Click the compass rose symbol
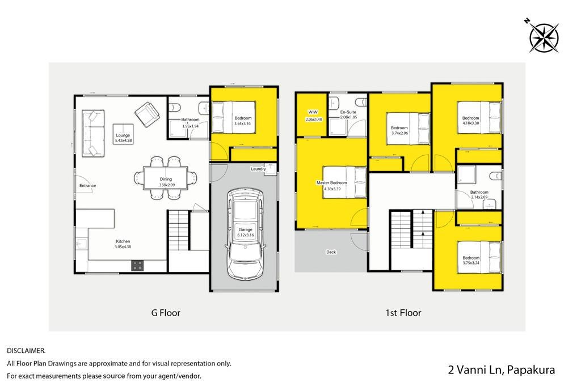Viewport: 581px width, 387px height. click(x=543, y=36)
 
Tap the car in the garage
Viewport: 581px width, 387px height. click(x=245, y=234)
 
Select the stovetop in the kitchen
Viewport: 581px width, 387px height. click(x=137, y=265)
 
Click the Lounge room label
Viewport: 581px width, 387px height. click(x=123, y=135)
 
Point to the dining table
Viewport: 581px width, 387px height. click(x=166, y=178)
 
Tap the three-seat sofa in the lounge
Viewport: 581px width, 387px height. click(x=93, y=134)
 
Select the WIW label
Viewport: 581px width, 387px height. click(x=313, y=112)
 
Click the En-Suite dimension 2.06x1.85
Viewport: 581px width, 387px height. click(x=348, y=117)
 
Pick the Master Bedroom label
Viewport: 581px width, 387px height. click(x=331, y=183)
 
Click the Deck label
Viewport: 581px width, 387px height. click(x=331, y=252)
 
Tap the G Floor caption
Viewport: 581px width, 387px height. click(x=166, y=313)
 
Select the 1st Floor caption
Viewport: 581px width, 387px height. click(x=403, y=313)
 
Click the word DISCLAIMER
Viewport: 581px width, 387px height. click(x=26, y=350)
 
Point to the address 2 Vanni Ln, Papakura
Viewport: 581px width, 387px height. click(x=502, y=369)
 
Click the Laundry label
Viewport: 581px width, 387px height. click(x=258, y=169)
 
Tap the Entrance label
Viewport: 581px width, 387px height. click(x=87, y=186)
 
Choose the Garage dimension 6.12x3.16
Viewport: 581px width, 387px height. click(x=245, y=235)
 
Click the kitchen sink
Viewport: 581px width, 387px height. click(x=82, y=244)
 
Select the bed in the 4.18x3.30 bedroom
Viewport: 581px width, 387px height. click(x=479, y=117)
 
